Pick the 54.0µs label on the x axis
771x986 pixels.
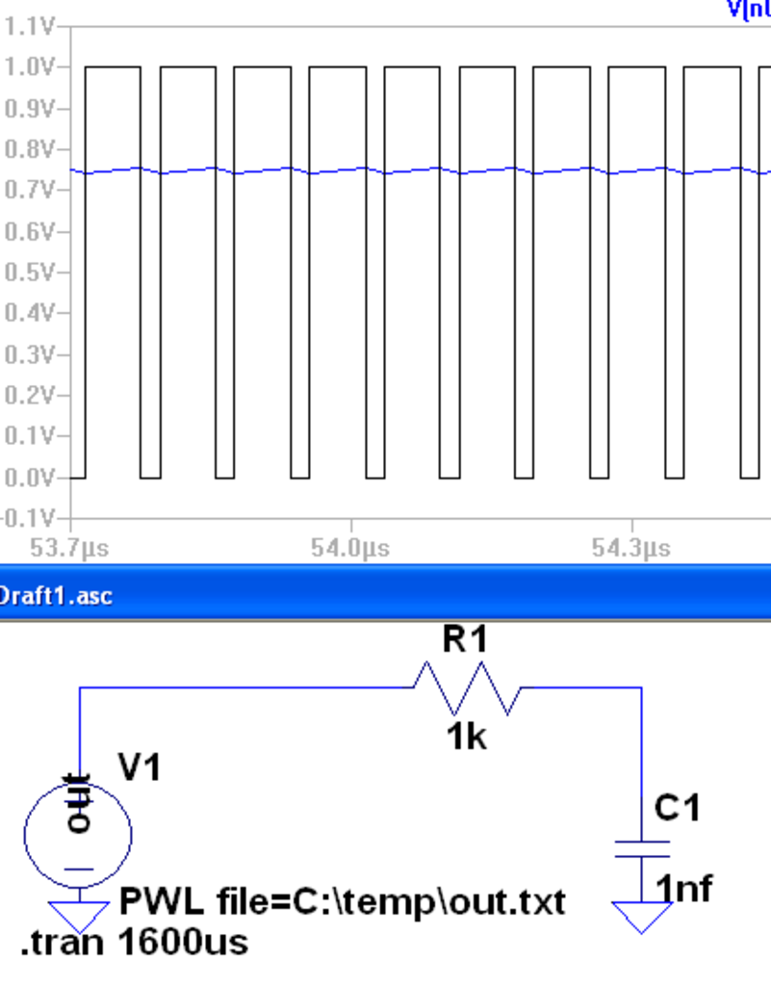[x=350, y=549]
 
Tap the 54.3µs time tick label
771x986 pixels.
[x=630, y=549]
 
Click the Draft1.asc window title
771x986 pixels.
[x=56, y=595]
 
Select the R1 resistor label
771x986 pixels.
[x=465, y=639]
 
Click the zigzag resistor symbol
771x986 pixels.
[x=467, y=688]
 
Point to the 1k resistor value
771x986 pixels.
[x=466, y=738]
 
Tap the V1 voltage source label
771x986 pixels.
[x=140, y=767]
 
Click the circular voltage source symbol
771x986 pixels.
[x=78, y=834]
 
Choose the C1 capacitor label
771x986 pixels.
[x=678, y=808]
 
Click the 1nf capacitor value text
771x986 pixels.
[x=684, y=888]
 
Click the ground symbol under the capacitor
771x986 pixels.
[x=642, y=916]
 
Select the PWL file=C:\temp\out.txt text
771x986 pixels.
[x=342, y=903]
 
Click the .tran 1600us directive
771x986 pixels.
[x=134, y=941]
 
